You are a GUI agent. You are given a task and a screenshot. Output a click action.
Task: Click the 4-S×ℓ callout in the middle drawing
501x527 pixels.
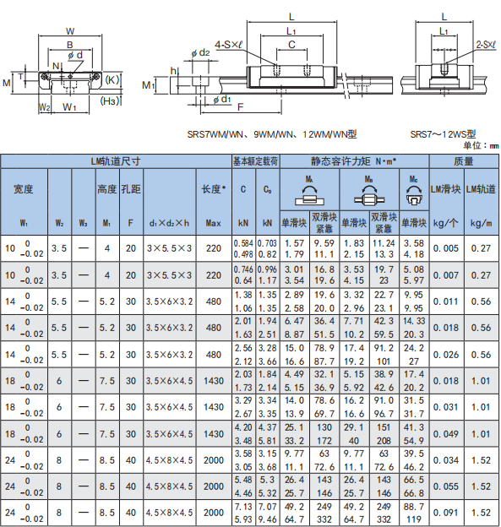pyautogui.click(x=229, y=45)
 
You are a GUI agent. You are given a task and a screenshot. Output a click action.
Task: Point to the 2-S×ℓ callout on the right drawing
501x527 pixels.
pyautogui.click(x=486, y=45)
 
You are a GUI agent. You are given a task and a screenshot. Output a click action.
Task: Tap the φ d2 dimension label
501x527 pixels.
pyautogui.click(x=200, y=52)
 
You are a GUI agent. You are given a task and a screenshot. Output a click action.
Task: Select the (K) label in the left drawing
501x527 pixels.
pyautogui.click(x=112, y=80)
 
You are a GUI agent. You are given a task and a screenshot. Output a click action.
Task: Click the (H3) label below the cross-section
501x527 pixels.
pyautogui.click(x=110, y=101)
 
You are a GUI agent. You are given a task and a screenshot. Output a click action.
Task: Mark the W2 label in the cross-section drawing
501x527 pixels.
pyautogui.click(x=45, y=107)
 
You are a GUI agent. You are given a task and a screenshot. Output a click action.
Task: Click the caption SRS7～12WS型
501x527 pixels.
pyautogui.click(x=443, y=134)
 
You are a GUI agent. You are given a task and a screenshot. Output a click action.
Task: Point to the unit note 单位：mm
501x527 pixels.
pyautogui.click(x=482, y=145)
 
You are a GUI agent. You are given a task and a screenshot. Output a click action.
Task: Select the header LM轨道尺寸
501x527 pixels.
pyautogui.click(x=116, y=161)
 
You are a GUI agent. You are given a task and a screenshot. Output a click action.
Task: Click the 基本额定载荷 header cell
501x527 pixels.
pyautogui.click(x=255, y=161)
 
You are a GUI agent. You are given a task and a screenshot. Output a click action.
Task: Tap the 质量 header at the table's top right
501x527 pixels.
pyautogui.click(x=464, y=161)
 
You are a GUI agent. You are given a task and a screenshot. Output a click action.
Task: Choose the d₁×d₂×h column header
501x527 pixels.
pyautogui.click(x=170, y=223)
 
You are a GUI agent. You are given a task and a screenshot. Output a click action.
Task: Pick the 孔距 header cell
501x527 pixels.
pyautogui.click(x=131, y=189)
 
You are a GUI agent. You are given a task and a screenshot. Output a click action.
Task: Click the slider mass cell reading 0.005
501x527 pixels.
pyautogui.click(x=446, y=248)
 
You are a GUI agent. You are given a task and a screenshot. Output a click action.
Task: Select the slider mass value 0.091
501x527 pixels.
pyautogui.click(x=446, y=513)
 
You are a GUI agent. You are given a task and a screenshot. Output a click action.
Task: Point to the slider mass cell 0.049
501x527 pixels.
pyautogui.click(x=446, y=434)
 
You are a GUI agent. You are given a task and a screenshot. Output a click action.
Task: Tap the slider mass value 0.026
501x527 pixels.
pyautogui.click(x=446, y=355)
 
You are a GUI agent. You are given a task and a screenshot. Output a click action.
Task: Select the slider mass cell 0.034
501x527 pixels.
pyautogui.click(x=446, y=460)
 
